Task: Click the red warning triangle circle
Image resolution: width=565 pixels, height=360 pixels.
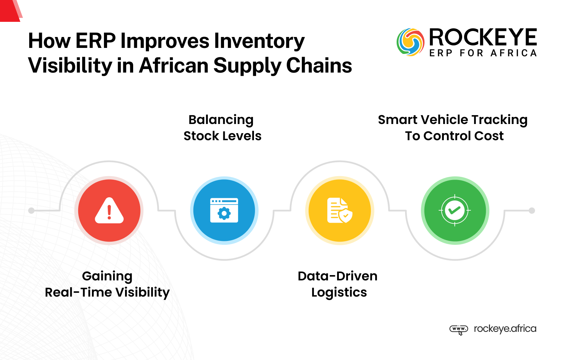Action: point(109,211)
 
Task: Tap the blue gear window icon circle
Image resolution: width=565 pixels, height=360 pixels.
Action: point(224,211)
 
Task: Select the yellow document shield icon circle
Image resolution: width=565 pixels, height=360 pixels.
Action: point(340,211)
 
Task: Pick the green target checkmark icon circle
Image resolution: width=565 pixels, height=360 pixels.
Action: point(455,211)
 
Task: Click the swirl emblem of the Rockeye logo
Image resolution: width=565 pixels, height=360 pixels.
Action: point(410,42)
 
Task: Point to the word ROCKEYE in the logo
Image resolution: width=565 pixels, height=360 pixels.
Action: point(483,38)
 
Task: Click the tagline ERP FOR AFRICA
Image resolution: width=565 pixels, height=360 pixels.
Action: point(483,53)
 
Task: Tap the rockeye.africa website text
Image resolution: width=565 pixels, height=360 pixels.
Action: point(505,329)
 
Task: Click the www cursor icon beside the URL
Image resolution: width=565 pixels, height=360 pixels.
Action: point(459,329)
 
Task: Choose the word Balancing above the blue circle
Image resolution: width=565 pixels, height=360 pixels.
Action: point(221,120)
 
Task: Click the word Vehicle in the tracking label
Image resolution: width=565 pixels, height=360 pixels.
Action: point(444,120)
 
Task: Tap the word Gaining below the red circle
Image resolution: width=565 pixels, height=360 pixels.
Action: point(107,276)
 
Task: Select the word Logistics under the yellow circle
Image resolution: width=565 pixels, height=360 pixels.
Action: point(339,292)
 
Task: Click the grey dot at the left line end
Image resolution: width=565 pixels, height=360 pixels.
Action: point(31,211)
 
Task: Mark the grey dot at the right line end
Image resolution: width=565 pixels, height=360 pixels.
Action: point(532,211)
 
